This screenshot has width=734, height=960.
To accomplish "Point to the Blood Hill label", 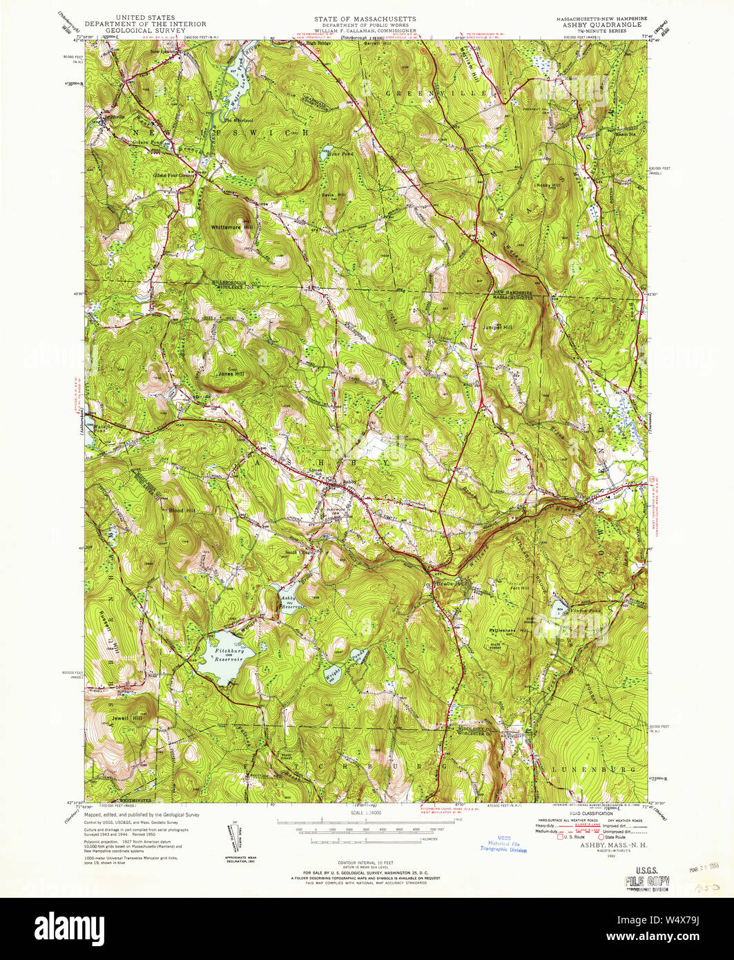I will click(x=181, y=510).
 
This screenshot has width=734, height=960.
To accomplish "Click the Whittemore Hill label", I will click(x=233, y=227).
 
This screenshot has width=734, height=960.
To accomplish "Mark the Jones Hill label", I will click(x=232, y=374).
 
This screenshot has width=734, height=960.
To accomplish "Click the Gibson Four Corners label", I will click(x=175, y=175).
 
